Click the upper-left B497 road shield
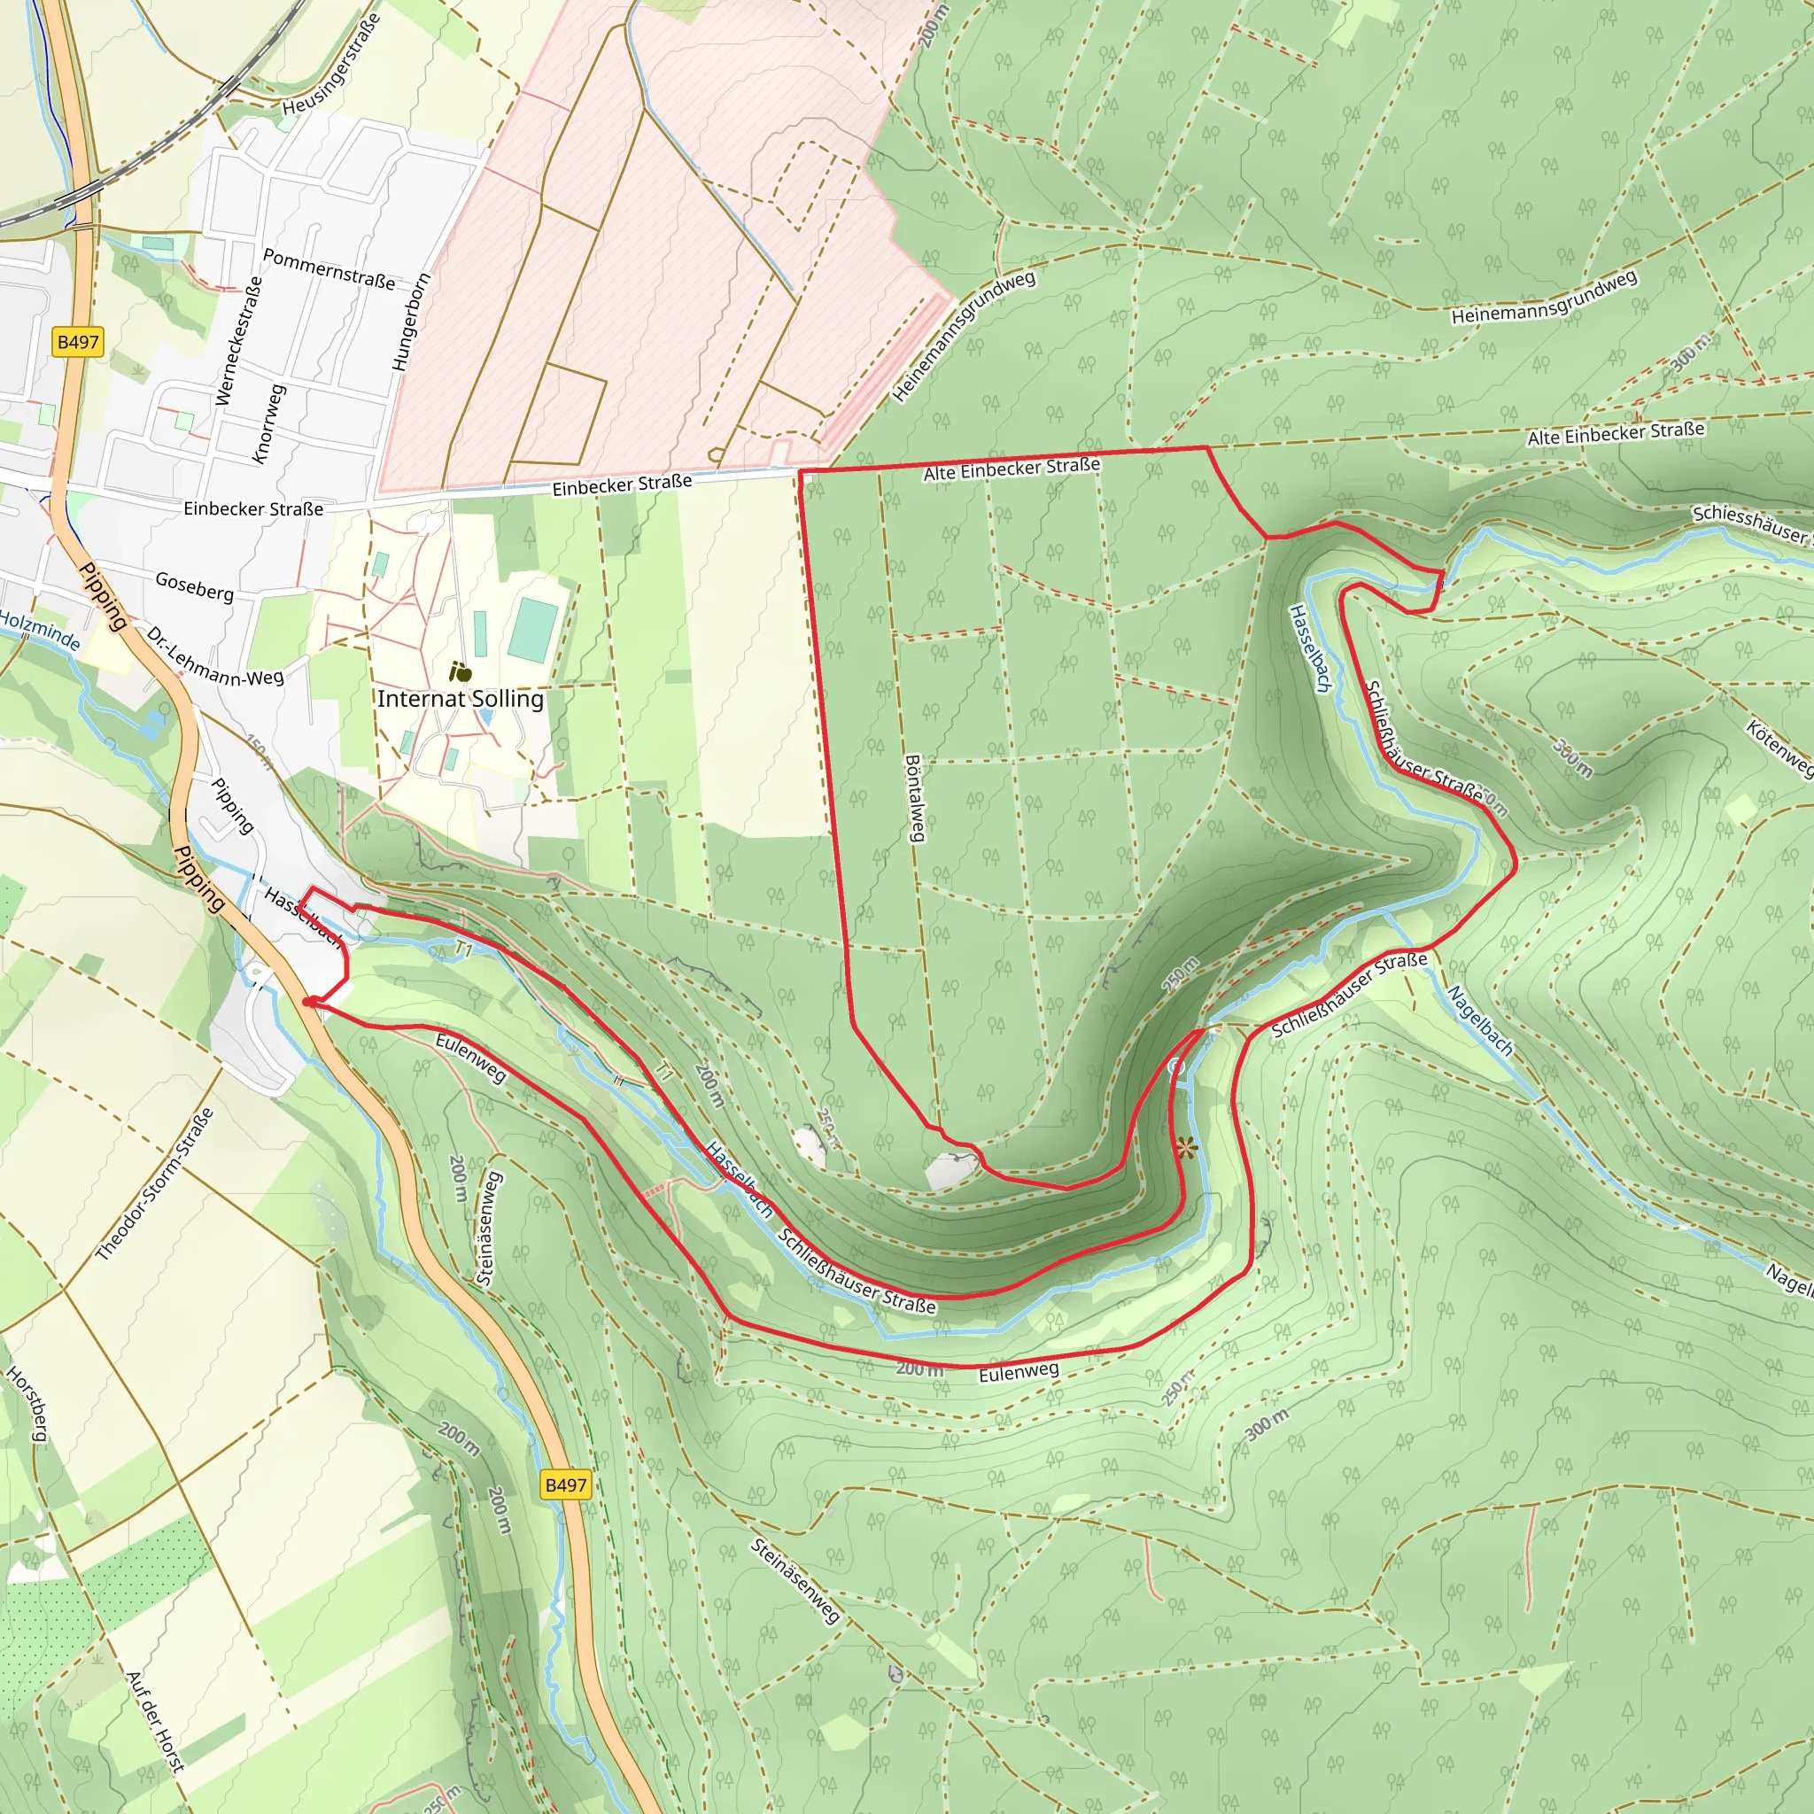(78, 342)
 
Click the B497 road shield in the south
(565, 1485)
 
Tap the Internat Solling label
(460, 699)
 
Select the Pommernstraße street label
(329, 268)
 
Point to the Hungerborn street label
(410, 322)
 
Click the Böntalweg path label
(914, 797)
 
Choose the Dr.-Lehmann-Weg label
(214, 657)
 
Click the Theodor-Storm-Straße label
(155, 1184)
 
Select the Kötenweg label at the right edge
(1780, 748)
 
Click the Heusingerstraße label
(331, 64)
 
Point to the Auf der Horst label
(155, 1721)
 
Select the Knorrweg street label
(268, 423)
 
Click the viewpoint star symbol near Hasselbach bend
(1186, 1146)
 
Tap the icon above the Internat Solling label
(460, 671)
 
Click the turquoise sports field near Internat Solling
(532, 630)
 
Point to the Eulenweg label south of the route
(1019, 1372)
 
